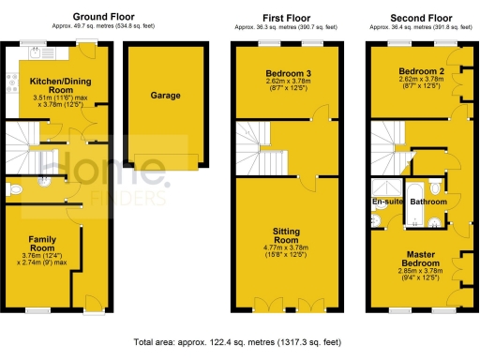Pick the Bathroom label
(x=428, y=202)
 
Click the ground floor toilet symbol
(x=14, y=189)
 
